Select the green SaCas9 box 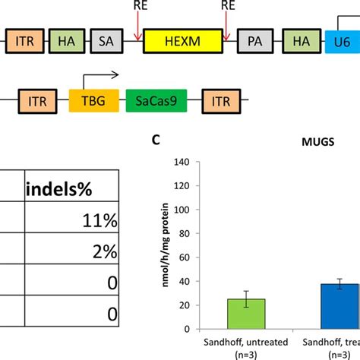(156, 99)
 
